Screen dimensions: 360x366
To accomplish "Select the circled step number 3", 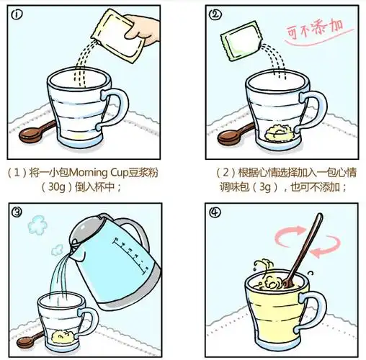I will click(x=17, y=211).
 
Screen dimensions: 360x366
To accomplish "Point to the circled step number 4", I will click(x=215, y=212).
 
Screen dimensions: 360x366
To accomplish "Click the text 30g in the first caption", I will click(x=57, y=186).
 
